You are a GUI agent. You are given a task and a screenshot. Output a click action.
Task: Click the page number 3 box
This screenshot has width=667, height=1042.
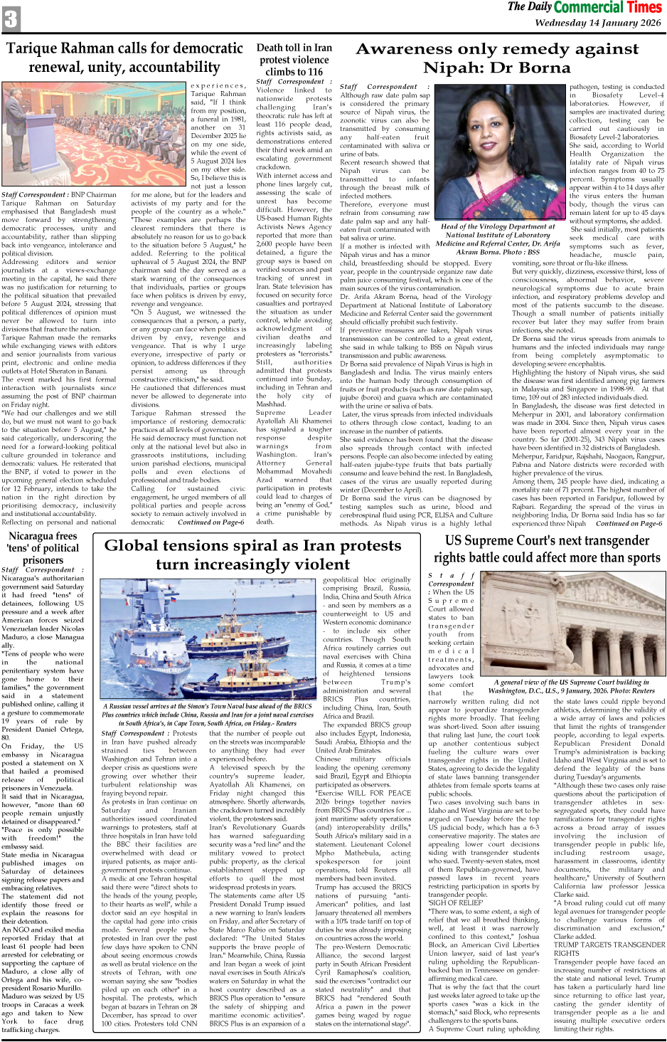[x=11, y=19]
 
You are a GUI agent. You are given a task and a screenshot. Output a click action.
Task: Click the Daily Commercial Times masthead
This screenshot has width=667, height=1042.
[x=585, y=8]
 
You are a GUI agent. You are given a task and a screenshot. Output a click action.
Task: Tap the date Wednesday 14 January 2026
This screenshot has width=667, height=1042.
[x=597, y=23]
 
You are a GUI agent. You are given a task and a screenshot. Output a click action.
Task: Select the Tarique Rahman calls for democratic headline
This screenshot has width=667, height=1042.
[x=124, y=58]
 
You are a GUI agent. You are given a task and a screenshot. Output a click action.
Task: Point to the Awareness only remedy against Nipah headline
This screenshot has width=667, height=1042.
[x=496, y=58]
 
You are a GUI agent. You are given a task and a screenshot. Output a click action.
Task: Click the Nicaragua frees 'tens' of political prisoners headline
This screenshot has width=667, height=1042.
[x=43, y=548]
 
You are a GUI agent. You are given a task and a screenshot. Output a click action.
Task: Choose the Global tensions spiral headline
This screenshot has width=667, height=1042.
[x=252, y=554]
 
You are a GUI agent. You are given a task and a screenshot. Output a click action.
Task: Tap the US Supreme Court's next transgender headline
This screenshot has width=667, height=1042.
[x=548, y=548]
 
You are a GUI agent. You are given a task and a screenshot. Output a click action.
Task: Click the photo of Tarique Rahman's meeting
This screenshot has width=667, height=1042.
[x=93, y=135]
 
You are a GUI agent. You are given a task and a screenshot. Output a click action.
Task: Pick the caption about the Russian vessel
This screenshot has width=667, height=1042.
[x=207, y=714]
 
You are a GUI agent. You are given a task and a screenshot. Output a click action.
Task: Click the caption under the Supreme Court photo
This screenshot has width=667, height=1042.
[x=574, y=686]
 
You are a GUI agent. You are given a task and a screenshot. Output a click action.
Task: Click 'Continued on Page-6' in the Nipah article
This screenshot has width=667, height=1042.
[x=629, y=523]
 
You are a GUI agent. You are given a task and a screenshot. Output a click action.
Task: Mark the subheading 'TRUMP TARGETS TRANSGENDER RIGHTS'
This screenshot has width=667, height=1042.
[x=609, y=949]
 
